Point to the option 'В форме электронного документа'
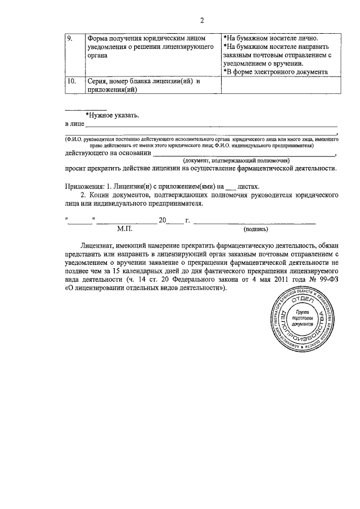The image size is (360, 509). (275, 71)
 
